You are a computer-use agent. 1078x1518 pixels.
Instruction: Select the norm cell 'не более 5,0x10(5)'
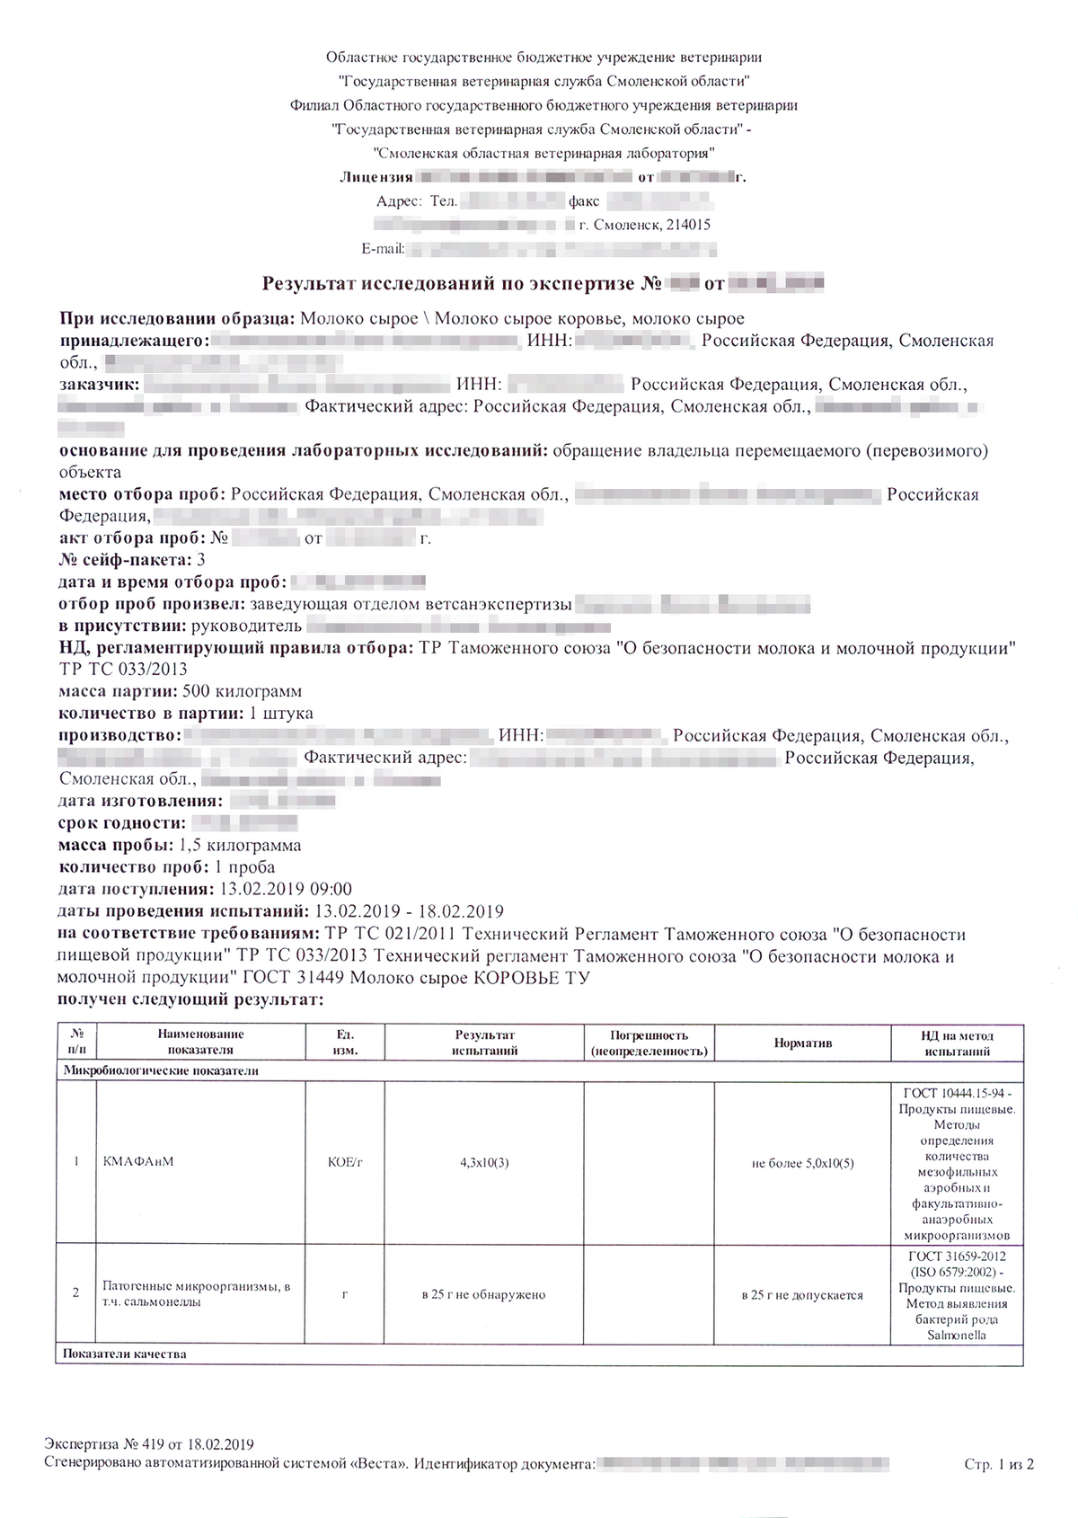802,1163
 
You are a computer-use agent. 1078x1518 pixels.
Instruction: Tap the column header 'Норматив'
803,1043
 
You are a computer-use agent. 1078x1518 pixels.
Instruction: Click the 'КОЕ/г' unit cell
345,1162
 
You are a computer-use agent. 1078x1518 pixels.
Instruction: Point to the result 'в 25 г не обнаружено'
483,1295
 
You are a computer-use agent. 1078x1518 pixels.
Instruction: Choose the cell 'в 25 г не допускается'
802,1295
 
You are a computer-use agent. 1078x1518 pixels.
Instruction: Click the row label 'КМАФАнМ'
138,1161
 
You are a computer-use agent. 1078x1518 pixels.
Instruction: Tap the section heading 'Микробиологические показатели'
161,1070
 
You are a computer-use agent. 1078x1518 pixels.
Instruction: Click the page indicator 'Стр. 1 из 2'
999,1465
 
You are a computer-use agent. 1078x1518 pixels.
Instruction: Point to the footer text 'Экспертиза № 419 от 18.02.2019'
149,1444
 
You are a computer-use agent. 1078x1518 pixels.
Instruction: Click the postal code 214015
688,225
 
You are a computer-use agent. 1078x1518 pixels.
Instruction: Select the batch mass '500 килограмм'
242,691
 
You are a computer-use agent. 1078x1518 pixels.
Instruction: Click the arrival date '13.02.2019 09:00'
286,889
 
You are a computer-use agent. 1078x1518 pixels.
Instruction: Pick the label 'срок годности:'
122,822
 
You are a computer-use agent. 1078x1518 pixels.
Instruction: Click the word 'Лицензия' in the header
376,177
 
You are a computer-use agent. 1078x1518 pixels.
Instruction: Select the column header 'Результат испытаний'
484,1043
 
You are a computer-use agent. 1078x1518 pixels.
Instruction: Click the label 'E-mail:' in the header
384,248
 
